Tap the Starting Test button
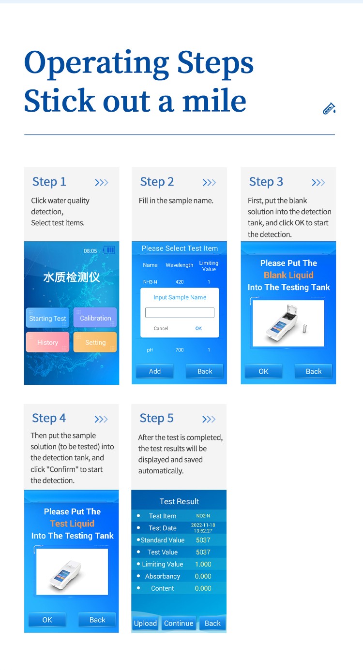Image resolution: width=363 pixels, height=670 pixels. (47, 318)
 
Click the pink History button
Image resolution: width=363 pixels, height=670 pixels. (47, 342)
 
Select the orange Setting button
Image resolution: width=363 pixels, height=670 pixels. (95, 342)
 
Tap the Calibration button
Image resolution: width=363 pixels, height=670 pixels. (95, 318)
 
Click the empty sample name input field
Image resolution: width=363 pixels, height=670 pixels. (180, 313)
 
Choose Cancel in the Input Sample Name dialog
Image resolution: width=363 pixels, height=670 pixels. (161, 328)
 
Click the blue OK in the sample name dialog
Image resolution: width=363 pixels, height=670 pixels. (198, 328)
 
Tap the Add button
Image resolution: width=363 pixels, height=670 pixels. (155, 371)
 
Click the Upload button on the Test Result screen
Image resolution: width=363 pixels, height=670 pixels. (145, 623)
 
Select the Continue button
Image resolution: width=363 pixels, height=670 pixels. (179, 623)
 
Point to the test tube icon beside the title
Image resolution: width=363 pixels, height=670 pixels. (329, 108)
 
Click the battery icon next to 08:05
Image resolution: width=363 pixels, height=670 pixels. (109, 250)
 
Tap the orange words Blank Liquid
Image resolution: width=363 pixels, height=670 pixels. (289, 275)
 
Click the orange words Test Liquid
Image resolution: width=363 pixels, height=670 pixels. (72, 524)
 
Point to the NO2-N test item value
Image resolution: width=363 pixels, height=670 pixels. (203, 516)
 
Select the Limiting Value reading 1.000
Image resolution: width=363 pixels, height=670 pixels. (203, 564)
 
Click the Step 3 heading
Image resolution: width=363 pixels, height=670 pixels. (266, 182)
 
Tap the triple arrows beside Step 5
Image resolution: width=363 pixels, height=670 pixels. (209, 419)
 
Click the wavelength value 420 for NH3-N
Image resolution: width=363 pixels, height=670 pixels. (180, 282)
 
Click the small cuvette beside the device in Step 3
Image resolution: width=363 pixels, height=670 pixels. (305, 329)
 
